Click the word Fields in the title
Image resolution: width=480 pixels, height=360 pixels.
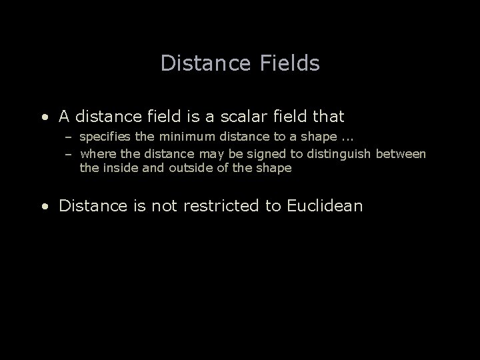pyautogui.click(x=287, y=63)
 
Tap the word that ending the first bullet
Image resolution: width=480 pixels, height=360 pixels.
pyautogui.click(x=327, y=117)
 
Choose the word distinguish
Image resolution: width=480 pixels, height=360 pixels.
pyautogui.click(x=331, y=155)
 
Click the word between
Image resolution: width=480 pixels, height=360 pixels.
pyautogui.click(x=401, y=155)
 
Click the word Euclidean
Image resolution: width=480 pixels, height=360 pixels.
pyautogui.click(x=325, y=205)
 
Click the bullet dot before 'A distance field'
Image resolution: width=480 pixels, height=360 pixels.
pyautogui.click(x=43, y=117)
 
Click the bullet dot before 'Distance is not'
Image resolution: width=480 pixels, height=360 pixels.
pyautogui.click(x=43, y=206)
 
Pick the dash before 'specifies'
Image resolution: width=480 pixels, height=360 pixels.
pyautogui.click(x=68, y=138)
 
